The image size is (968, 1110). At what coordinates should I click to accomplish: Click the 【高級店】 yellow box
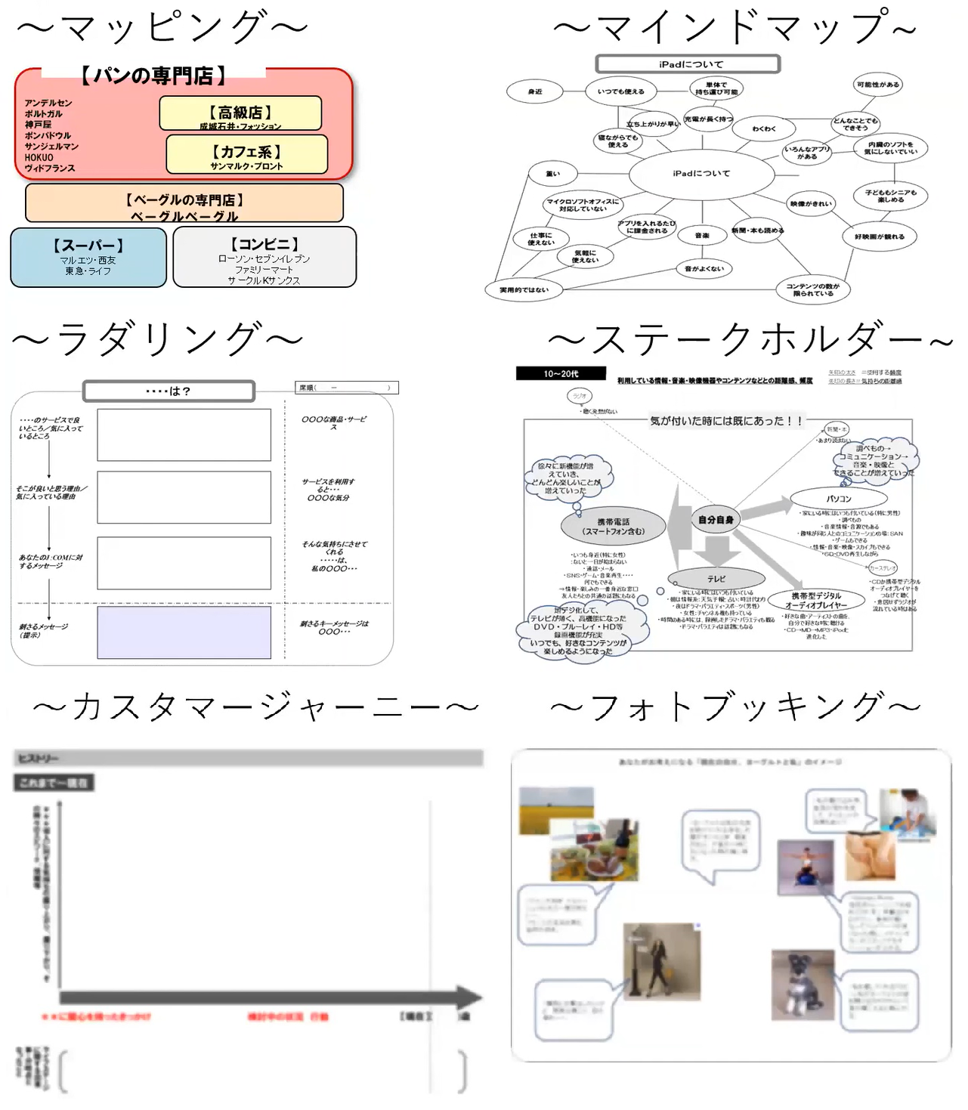(240, 113)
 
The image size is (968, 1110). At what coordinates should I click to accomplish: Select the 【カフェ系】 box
(246, 154)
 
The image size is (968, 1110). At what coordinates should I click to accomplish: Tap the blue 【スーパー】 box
(88, 258)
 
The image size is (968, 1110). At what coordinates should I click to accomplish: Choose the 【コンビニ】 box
(264, 258)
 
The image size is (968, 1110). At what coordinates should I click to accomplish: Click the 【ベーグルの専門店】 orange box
(184, 203)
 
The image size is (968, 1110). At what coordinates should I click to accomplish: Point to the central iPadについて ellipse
(701, 174)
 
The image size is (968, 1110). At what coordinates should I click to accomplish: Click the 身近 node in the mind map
(535, 92)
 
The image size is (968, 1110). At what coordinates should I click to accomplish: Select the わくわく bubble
(763, 129)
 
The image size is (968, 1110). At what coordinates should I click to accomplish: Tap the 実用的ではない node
(524, 290)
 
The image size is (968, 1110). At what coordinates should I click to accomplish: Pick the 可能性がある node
(877, 85)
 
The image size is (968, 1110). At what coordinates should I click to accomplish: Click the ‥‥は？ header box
(169, 391)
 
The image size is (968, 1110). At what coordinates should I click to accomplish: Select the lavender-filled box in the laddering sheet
(184, 633)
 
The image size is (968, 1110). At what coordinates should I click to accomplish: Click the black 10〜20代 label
(561, 373)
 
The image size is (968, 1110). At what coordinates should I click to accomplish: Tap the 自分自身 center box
(715, 520)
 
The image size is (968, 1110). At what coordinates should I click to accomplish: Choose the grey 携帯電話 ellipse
(613, 526)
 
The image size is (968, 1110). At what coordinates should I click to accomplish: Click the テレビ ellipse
(716, 579)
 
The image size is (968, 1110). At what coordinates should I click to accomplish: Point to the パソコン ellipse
(838, 499)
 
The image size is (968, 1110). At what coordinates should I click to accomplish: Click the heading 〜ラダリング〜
(157, 339)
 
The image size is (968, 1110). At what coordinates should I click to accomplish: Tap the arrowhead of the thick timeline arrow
(469, 997)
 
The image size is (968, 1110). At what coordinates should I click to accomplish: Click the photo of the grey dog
(803, 985)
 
